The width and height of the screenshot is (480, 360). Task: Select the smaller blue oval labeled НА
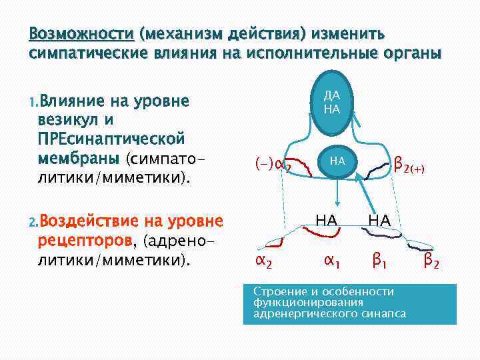(337, 161)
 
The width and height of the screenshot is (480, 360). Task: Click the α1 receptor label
(331, 261)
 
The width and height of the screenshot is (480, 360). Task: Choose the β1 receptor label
(380, 261)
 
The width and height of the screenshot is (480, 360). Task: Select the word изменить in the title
(341, 34)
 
